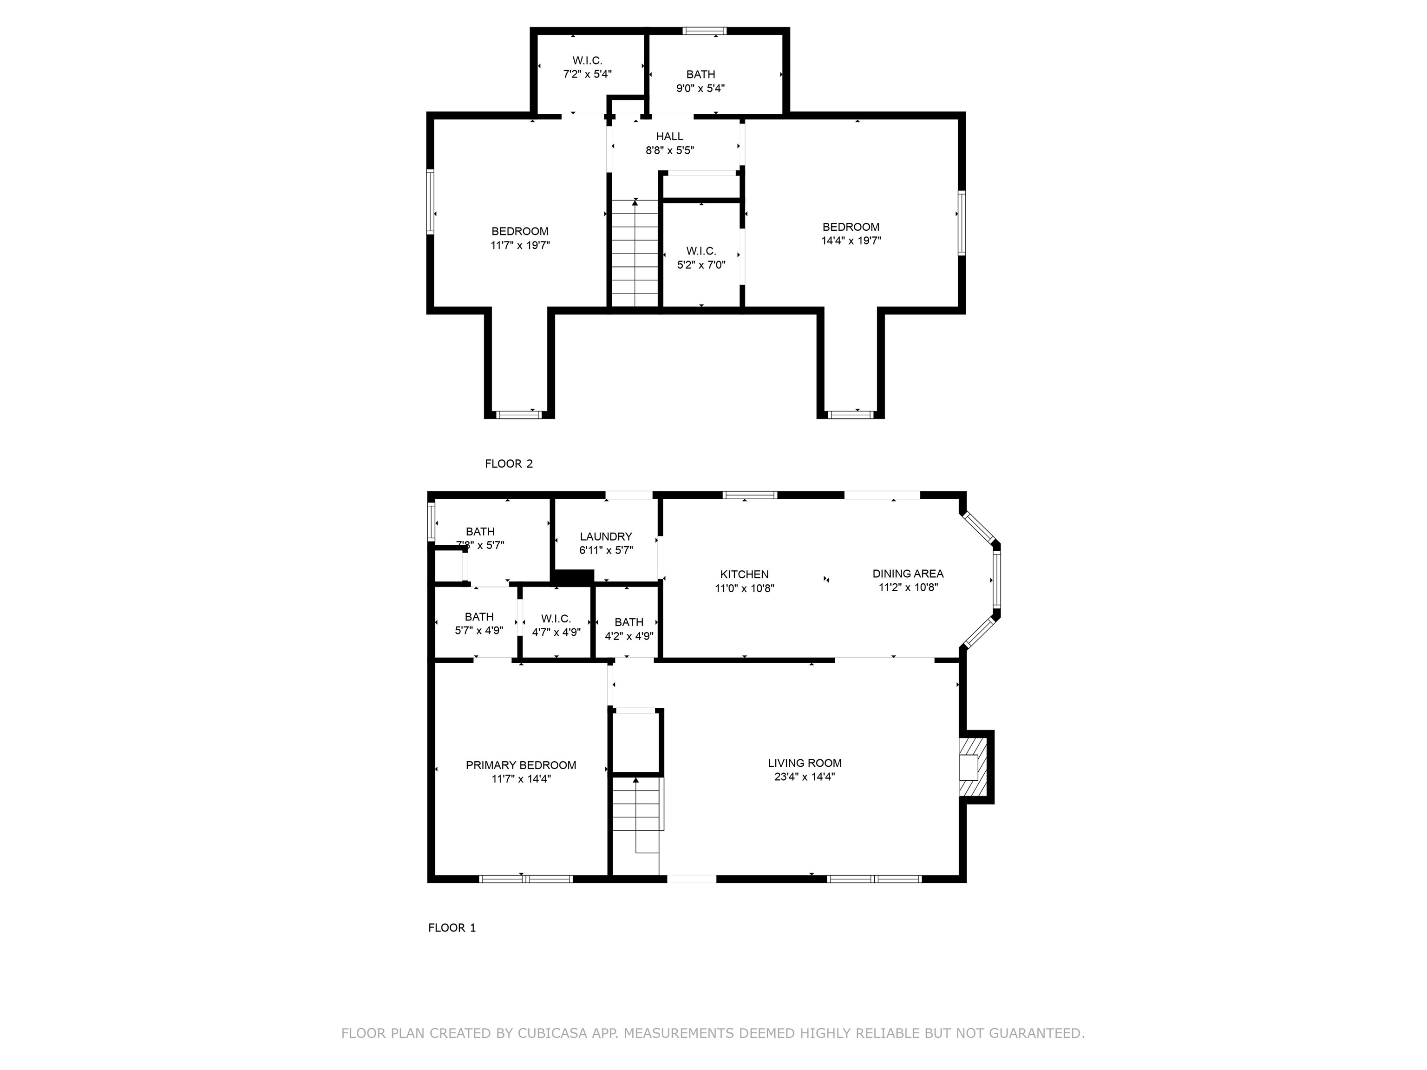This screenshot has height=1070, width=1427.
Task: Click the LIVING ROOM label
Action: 805,763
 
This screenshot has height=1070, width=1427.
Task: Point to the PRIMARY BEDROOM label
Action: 521,765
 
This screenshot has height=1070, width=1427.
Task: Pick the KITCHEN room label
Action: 745,574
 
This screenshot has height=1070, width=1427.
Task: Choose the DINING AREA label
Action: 908,574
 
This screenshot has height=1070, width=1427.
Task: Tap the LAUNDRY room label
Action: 606,536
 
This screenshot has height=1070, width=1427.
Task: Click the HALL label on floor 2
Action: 670,136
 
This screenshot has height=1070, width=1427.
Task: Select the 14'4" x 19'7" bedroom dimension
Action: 851,241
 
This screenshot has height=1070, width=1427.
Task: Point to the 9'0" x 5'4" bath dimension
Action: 700,88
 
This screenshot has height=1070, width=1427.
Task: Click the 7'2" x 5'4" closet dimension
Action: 587,74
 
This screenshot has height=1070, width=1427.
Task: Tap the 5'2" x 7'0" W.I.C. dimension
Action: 701,264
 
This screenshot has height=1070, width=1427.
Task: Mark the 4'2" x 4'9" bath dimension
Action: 629,636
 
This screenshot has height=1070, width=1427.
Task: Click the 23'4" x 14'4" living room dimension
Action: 805,776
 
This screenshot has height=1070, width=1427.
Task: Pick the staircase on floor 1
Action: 637,826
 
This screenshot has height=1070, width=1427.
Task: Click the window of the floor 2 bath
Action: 705,30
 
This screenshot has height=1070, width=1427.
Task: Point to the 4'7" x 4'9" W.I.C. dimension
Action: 556,632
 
